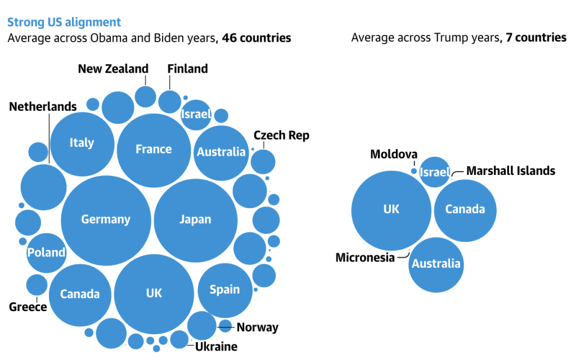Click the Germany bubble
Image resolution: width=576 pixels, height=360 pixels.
click(106, 219)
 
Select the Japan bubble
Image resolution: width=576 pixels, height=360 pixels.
click(195, 220)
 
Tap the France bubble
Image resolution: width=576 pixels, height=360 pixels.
click(154, 150)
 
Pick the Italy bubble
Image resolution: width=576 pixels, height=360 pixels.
click(82, 143)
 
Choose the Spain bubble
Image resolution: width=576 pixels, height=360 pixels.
click(225, 290)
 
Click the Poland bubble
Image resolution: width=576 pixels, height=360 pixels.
click(47, 253)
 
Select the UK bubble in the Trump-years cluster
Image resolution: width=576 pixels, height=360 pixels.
click(391, 209)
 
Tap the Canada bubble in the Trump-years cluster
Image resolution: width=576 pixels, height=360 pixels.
click(465, 210)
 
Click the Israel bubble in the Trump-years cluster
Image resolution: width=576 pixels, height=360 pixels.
click(435, 172)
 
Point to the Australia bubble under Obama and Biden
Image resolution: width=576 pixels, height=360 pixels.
click(221, 152)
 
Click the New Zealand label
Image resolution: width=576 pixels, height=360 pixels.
click(113, 69)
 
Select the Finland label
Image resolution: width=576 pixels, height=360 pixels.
click(187, 69)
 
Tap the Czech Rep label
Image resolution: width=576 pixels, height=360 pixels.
click(281, 136)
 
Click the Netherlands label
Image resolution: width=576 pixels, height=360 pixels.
click(43, 106)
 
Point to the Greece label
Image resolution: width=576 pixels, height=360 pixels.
click(28, 307)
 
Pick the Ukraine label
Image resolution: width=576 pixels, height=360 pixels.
click(216, 346)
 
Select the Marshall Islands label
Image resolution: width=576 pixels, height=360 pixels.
click(511, 170)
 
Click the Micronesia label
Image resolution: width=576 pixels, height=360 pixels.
click(365, 258)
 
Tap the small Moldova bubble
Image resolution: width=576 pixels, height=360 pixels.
click(414, 171)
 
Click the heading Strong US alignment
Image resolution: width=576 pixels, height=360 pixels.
click(64, 22)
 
